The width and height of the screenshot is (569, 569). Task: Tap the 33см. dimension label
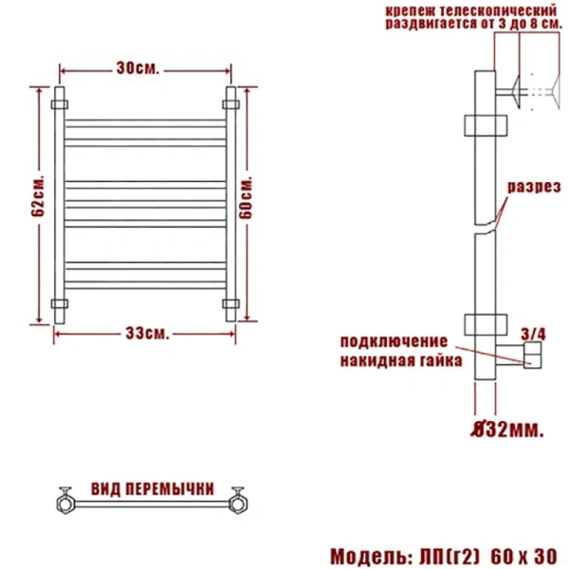(147, 333)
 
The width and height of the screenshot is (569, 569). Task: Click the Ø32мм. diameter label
(508, 431)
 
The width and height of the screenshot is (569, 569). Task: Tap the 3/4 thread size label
(534, 333)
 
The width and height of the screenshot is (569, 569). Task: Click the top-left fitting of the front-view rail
(62, 98)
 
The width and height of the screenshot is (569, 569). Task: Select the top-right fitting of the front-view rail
(230, 98)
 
